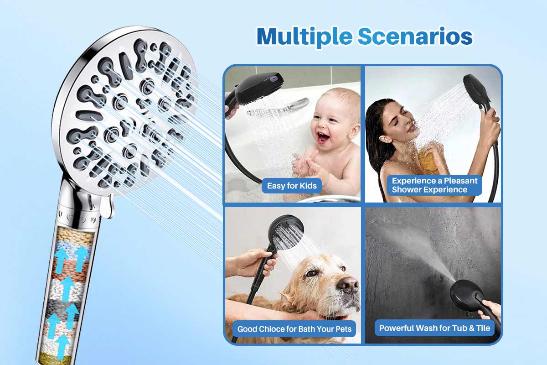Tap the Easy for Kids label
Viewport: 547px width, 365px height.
coord(292,186)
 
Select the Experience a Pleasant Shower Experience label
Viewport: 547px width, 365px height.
coord(434,185)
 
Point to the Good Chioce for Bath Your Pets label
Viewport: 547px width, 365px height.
coord(294,328)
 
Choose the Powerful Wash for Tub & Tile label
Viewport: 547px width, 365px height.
coord(434,328)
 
